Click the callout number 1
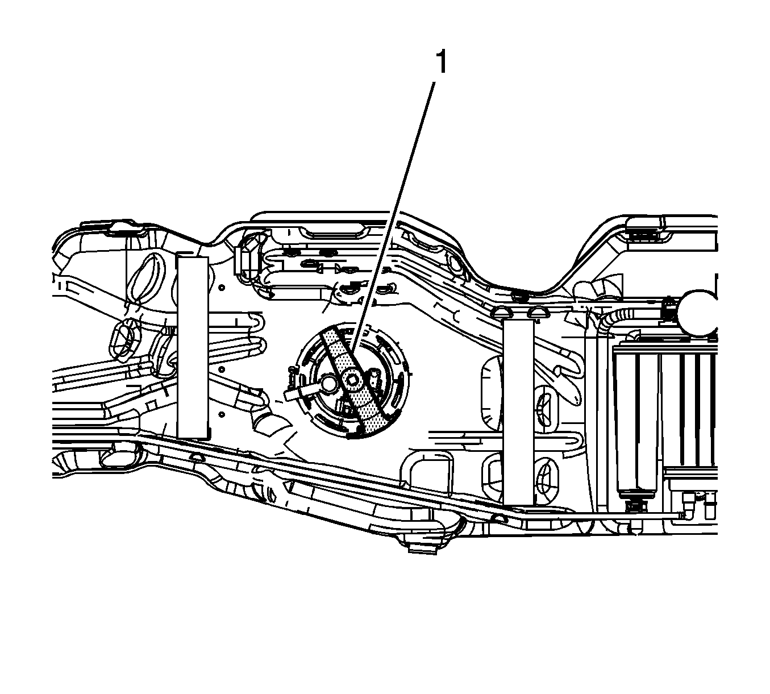point(440,63)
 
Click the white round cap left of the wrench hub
point(328,383)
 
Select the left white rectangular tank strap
point(192,347)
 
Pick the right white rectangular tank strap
point(518,412)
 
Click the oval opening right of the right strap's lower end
point(547,477)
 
